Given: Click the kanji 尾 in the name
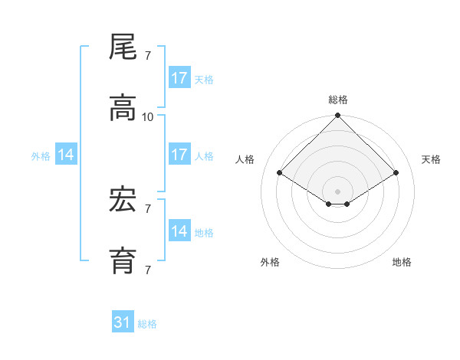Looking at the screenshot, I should pos(123,47).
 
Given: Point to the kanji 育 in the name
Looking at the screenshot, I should pos(123,262).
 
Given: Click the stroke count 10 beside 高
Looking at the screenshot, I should pos(148,117).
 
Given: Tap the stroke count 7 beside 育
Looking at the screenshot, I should pos(148,270).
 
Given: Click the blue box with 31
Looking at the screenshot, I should pos(123,322).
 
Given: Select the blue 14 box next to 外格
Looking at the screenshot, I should pos(66,155).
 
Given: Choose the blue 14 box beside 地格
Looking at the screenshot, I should pos(179,231).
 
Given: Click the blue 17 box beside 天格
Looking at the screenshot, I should pos(179,78).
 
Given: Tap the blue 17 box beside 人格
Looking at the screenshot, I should pos(179,155).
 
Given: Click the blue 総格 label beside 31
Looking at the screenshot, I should pos(147,324).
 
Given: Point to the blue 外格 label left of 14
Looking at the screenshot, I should pos(41,156).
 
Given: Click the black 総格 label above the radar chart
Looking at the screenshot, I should pos(338,100).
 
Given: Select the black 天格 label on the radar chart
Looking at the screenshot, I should pos(432,159).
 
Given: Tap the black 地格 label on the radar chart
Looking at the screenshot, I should pos(402,263).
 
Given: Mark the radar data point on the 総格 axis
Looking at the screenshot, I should pos(338,116).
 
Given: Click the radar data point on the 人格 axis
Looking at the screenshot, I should pos(280,173).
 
